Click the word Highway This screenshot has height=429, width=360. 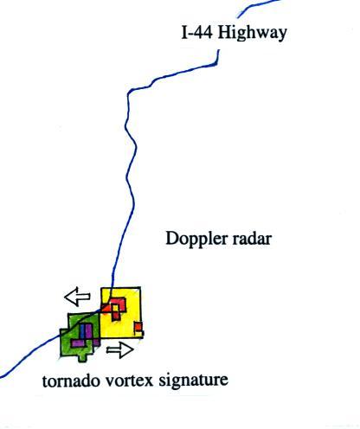pos(252,33)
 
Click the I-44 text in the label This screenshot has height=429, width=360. pos(197,32)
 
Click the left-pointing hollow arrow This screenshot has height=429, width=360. pos(77,297)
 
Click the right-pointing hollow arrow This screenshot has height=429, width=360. pos(120,350)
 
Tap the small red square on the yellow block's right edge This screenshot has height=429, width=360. pos(138,327)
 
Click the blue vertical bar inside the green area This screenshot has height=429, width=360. pos(82,331)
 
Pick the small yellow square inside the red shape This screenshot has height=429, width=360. pos(115,308)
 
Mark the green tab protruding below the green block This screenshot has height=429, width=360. pos(83,357)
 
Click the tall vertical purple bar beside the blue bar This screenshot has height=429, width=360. pos(88,335)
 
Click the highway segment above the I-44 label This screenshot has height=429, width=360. pos(258,7)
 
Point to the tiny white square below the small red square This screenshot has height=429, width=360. pos(139,334)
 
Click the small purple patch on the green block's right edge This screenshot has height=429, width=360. pos(97,343)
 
